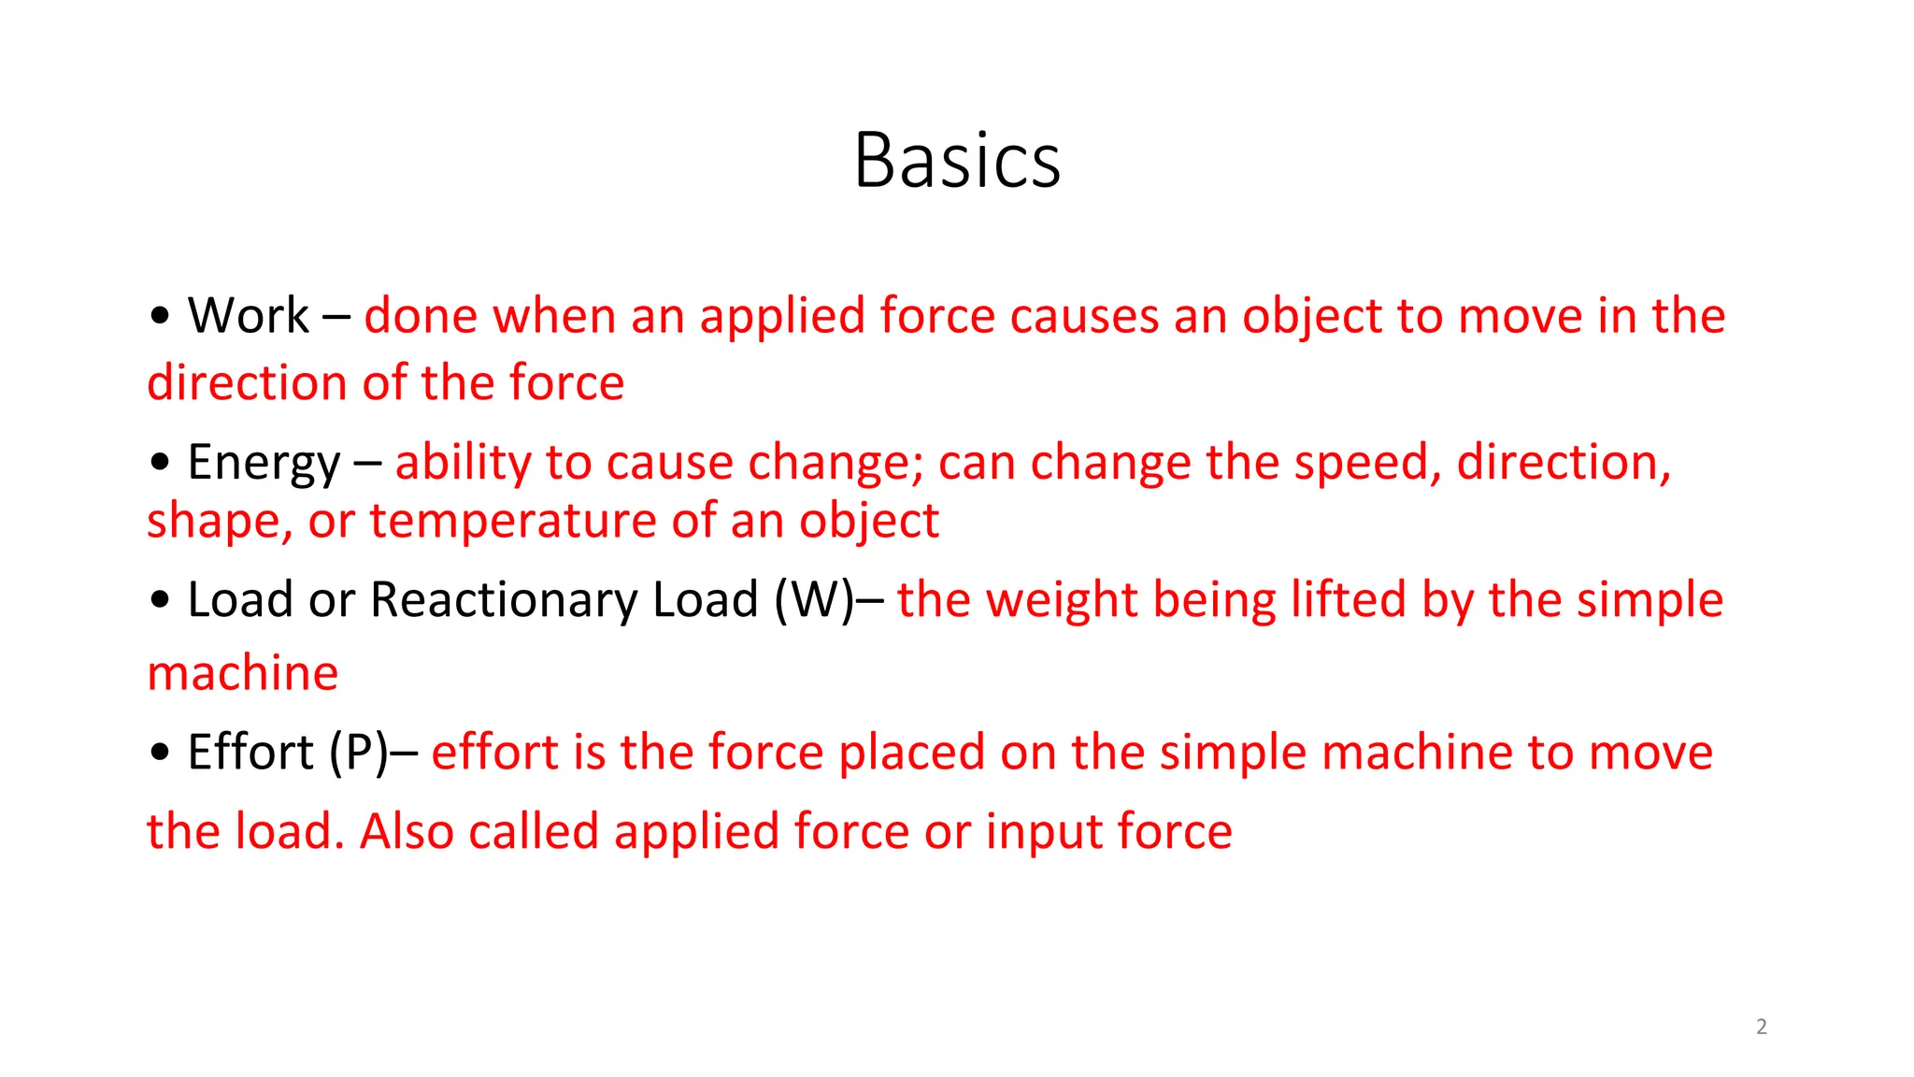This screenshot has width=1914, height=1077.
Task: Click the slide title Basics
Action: [x=957, y=160]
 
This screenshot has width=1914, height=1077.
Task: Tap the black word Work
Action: [x=248, y=315]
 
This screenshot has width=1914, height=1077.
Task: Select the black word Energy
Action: [x=264, y=463]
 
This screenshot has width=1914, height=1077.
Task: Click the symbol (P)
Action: [x=358, y=753]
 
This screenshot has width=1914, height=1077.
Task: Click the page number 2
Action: [x=1762, y=1027]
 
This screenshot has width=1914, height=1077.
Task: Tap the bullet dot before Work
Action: [x=160, y=316]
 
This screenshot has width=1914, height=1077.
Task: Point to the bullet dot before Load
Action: [x=160, y=600]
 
